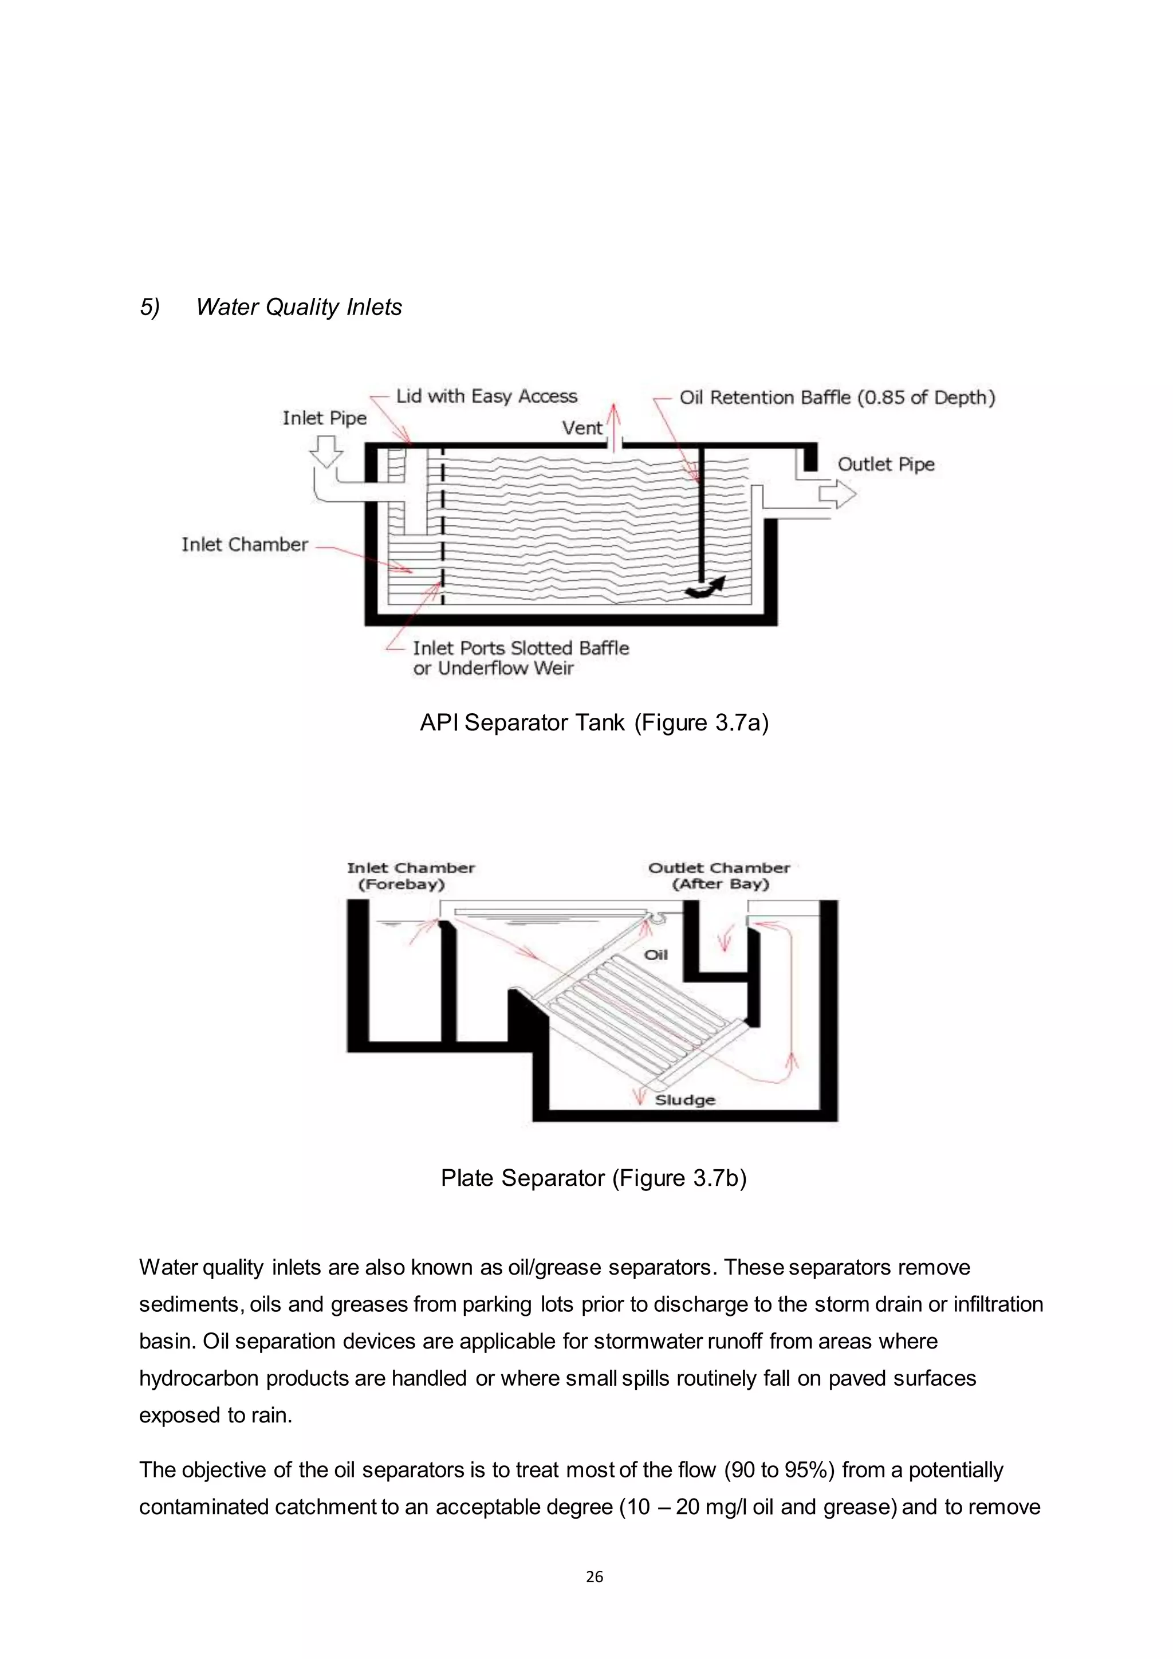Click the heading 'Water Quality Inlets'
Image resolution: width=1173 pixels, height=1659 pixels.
coord(298,307)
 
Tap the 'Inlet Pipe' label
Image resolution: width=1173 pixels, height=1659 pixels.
coord(324,418)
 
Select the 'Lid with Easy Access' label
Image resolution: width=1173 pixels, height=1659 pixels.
coord(486,396)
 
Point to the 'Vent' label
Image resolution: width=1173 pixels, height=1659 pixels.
coord(581,428)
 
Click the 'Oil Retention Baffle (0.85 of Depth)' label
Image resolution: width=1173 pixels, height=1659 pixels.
coord(836,398)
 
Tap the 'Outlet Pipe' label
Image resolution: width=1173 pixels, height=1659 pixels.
coord(885,464)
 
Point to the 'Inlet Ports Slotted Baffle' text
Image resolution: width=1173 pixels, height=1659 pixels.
coord(520,648)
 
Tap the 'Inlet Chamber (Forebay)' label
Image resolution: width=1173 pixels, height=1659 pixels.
coord(410,876)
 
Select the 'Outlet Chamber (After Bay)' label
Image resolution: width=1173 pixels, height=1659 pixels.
coord(719,876)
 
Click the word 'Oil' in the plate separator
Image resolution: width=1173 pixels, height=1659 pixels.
coord(655,955)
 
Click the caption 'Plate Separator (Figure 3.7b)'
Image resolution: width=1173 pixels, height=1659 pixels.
coord(593,1178)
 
